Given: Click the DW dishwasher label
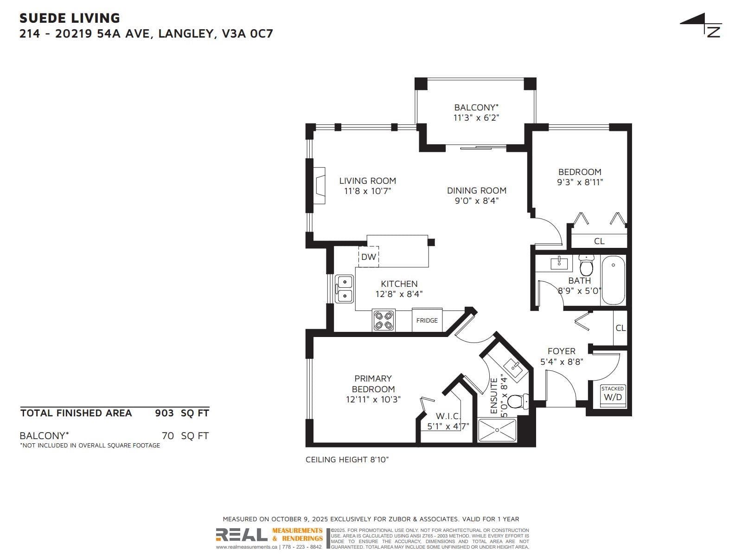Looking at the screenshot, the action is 368,257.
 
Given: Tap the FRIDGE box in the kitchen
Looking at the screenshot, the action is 427,320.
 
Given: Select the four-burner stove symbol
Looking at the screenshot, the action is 384,320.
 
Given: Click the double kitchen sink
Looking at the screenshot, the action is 344,289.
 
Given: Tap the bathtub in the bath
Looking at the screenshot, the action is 613,280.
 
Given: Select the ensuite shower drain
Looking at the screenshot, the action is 497,430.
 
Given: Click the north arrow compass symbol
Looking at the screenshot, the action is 702,25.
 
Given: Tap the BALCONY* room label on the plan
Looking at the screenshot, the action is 476,108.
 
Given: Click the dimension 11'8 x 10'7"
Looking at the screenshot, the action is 367,191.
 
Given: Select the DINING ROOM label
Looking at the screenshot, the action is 477,190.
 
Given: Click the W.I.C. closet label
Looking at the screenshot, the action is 448,415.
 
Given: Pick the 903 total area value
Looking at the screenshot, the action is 164,413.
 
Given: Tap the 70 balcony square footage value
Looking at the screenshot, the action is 168,435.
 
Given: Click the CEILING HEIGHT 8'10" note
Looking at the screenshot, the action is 347,460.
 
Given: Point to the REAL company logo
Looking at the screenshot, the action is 241,535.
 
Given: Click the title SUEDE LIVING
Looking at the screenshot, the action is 70,18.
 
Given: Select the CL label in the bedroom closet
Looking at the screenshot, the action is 599,241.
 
